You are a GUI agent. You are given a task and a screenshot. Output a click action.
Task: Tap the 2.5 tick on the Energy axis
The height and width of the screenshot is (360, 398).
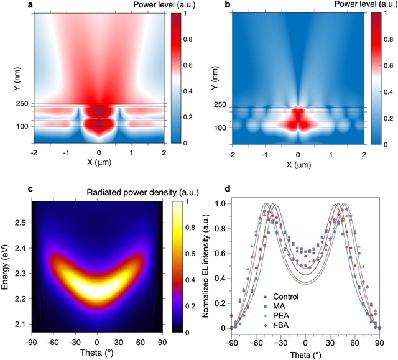[21, 222]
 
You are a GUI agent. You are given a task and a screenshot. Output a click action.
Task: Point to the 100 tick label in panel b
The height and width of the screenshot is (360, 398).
[220, 127]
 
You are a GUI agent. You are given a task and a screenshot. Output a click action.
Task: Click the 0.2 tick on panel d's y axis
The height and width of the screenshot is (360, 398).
[222, 303]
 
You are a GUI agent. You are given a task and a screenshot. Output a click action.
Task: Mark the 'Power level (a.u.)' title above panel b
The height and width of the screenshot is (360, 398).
[349, 6]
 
